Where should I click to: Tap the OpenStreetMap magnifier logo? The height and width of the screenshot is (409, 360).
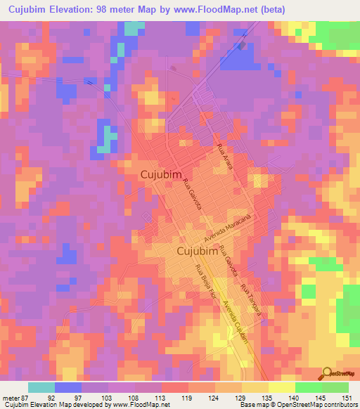click(327, 374)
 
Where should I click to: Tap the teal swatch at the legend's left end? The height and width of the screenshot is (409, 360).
click(41, 387)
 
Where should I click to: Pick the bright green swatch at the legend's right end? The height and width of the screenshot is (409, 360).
click(335, 387)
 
